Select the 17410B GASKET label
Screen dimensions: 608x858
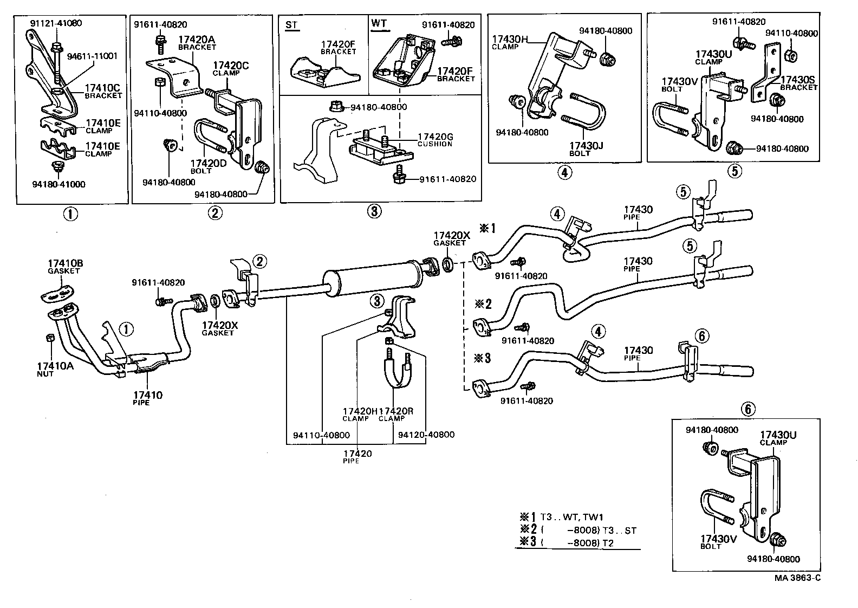pos(64,267)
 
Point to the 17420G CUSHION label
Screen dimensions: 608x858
pos(434,139)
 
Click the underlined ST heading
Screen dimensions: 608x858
pos(292,25)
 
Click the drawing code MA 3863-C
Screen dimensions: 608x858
pos(797,578)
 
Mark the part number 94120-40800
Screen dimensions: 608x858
pos(426,435)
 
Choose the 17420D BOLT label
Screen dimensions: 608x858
pos(208,166)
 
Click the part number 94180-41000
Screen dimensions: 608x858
pos(58,184)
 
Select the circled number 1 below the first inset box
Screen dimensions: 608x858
pos(70,214)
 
